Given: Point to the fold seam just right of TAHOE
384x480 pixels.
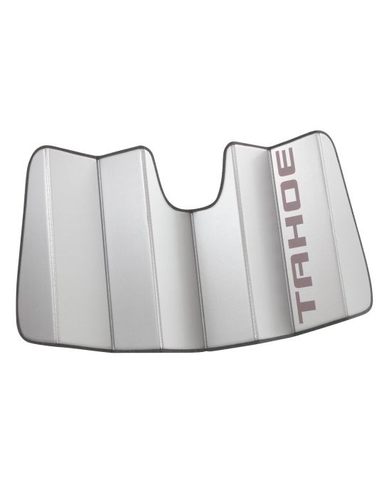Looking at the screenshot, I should click(321, 228).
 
